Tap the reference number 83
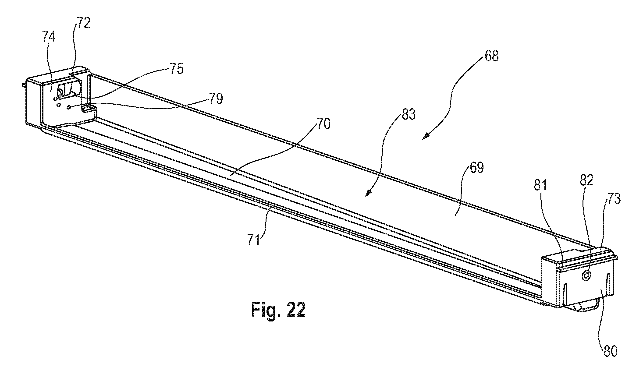pyautogui.click(x=409, y=115)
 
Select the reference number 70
pyautogui.click(x=323, y=124)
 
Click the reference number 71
pyautogui.click(x=254, y=240)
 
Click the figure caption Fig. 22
pyautogui.click(x=278, y=310)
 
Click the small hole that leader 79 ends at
pyautogui.click(x=68, y=107)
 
